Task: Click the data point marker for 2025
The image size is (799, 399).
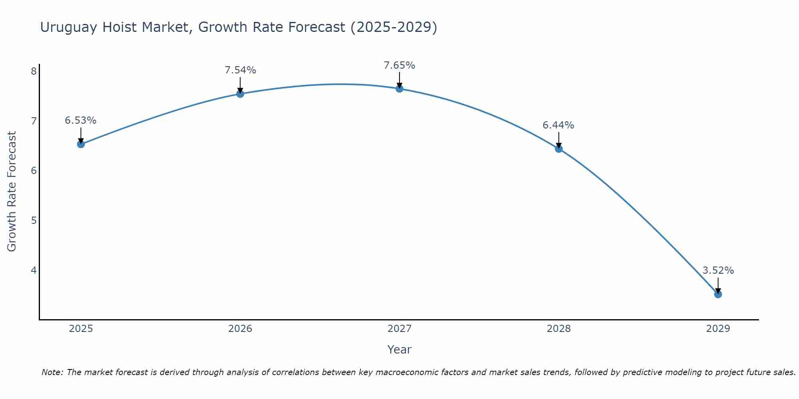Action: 81,144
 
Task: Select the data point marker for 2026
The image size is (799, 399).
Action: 240,94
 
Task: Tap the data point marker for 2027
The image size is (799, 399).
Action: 399,89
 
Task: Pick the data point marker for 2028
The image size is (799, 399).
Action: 559,149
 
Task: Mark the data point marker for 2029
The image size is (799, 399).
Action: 718,294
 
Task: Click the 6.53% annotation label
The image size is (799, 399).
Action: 81,120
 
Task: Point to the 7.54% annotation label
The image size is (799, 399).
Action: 240,70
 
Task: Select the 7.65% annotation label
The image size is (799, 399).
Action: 399,65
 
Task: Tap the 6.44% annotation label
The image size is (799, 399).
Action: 559,125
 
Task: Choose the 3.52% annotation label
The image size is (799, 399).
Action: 718,271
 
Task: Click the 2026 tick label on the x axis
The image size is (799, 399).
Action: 240,329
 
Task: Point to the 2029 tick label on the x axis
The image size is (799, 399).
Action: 718,329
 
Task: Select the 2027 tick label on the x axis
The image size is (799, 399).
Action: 399,329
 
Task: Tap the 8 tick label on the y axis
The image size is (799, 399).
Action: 34,71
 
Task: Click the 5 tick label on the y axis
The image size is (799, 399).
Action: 34,221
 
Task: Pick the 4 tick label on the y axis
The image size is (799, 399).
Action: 34,271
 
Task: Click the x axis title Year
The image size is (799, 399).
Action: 399,350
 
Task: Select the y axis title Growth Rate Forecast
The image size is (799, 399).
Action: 12,192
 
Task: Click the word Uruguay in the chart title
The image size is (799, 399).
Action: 69,28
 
